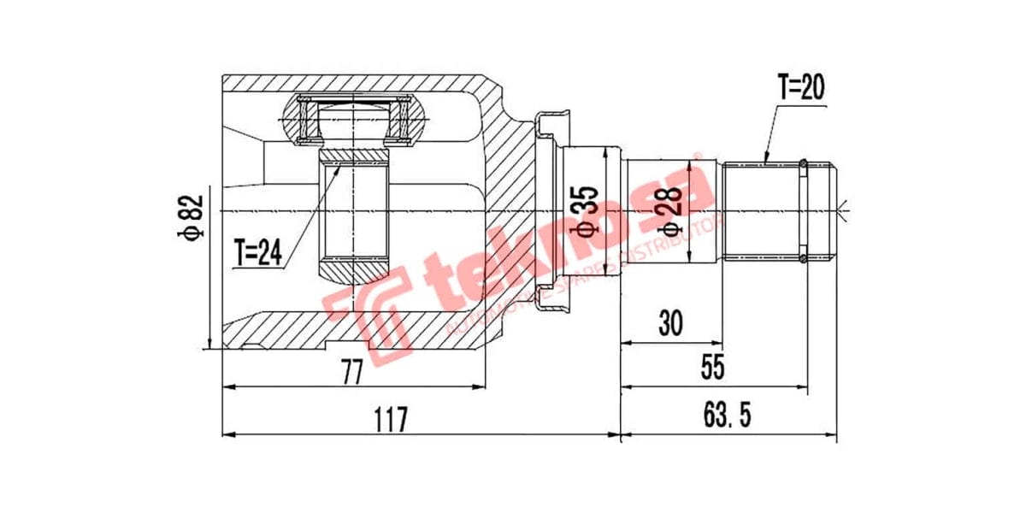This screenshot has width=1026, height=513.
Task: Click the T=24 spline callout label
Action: pos(258,252)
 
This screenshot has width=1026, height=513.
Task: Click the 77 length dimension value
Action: pos(351,372)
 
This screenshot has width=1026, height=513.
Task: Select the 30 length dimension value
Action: pos(670,324)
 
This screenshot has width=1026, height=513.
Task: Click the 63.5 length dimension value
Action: pos(727,418)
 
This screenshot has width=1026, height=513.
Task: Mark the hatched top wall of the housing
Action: pos(359,83)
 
